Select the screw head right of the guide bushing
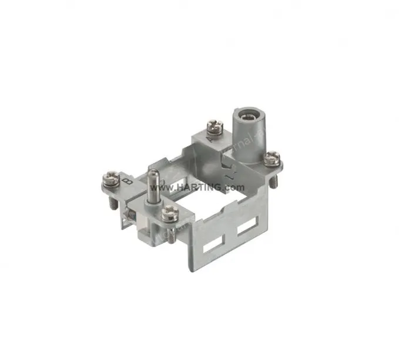coord(271,157)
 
